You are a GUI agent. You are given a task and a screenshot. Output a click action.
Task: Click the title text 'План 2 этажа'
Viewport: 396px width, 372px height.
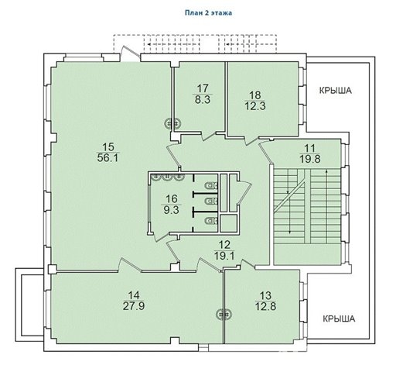point(208,13)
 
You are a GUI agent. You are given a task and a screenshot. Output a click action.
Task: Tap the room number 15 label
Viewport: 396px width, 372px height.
point(108,147)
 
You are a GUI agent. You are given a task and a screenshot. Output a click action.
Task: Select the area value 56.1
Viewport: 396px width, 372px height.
point(108,158)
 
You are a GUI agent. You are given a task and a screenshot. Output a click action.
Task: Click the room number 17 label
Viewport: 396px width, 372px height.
point(203,88)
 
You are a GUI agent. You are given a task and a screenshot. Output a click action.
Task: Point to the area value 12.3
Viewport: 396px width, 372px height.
point(255,106)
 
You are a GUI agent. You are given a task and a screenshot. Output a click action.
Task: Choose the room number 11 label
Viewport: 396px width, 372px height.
point(310,148)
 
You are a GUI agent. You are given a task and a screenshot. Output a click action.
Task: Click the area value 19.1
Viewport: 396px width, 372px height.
point(224,256)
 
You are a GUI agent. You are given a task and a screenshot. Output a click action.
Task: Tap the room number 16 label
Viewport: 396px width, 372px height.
point(172,199)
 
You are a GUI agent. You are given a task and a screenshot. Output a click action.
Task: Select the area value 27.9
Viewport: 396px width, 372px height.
point(134,306)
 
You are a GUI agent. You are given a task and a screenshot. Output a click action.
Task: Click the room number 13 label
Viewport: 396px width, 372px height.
point(265,295)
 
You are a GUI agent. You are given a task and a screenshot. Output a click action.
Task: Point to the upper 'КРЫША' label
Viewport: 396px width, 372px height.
point(336,91)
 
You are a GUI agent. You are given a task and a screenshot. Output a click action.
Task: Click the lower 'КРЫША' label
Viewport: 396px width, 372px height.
point(339,319)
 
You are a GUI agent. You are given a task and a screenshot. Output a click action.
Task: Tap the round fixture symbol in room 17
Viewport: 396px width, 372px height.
point(173,124)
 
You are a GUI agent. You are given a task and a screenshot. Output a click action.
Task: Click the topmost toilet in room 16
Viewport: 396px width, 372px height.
point(211,185)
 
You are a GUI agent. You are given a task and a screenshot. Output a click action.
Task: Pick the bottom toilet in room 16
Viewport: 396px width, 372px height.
point(211,221)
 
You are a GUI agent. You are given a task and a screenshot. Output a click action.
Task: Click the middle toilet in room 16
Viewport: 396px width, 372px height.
point(211,201)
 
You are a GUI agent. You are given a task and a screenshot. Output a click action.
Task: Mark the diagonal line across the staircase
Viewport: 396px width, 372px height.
point(289,197)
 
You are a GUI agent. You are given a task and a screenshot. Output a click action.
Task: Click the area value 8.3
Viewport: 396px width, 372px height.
point(203,99)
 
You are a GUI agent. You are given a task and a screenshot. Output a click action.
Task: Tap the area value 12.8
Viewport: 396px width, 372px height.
point(265,306)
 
